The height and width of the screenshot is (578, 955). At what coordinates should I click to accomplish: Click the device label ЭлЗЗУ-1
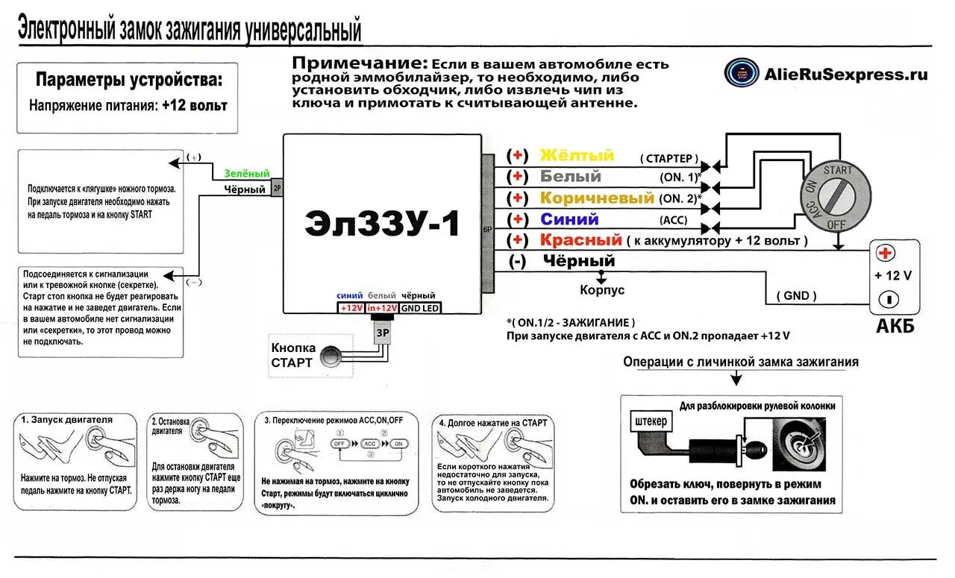pos(382,224)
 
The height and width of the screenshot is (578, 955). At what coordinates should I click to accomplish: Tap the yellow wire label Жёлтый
pos(577,155)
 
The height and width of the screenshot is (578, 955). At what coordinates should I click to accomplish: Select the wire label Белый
pos(570,177)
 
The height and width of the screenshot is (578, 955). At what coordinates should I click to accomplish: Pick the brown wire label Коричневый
pos(597,198)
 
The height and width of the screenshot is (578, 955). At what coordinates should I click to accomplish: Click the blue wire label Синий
pos(569,219)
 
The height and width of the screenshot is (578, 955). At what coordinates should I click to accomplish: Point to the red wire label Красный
pos(580,240)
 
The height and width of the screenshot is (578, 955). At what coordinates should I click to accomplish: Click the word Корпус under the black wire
pos(602,290)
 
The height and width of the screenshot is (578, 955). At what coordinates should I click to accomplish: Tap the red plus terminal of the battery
pos(886,252)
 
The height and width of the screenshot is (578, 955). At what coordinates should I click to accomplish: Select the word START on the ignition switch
pos(837,170)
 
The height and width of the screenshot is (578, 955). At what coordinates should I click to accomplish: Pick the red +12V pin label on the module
pos(350,308)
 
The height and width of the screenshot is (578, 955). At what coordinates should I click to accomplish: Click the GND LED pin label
pos(421,308)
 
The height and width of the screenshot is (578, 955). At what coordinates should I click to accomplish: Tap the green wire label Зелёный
pos(246,174)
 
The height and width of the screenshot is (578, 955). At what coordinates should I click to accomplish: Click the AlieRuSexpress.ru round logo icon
pos(741,73)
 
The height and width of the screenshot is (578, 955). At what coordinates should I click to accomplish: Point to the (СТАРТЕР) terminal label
pos(669,159)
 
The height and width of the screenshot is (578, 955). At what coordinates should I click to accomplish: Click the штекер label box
pos(649,421)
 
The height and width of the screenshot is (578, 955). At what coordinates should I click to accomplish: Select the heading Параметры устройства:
pos(128,81)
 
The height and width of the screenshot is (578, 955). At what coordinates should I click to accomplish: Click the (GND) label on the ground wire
pos(796,295)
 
